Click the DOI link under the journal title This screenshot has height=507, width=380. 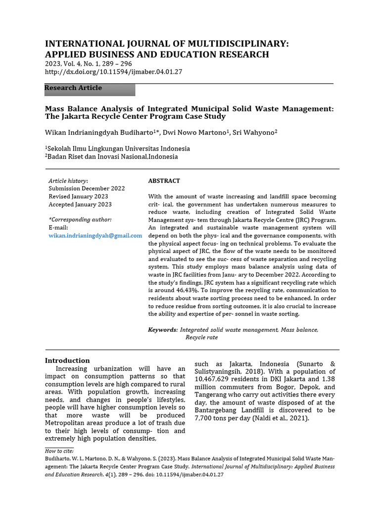(x=113, y=72)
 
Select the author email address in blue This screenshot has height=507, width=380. (x=95, y=236)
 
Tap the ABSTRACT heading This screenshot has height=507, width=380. (x=164, y=181)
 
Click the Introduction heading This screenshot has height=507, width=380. (x=67, y=360)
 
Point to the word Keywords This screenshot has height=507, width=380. (x=163, y=329)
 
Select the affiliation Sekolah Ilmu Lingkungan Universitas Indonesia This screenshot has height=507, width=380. (x=119, y=149)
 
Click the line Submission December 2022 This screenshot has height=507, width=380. (x=87, y=189)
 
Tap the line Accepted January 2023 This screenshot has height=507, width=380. (x=80, y=204)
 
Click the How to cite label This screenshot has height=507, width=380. (x=59, y=451)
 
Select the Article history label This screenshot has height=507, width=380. (x=68, y=181)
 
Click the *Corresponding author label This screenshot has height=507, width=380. (x=80, y=219)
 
